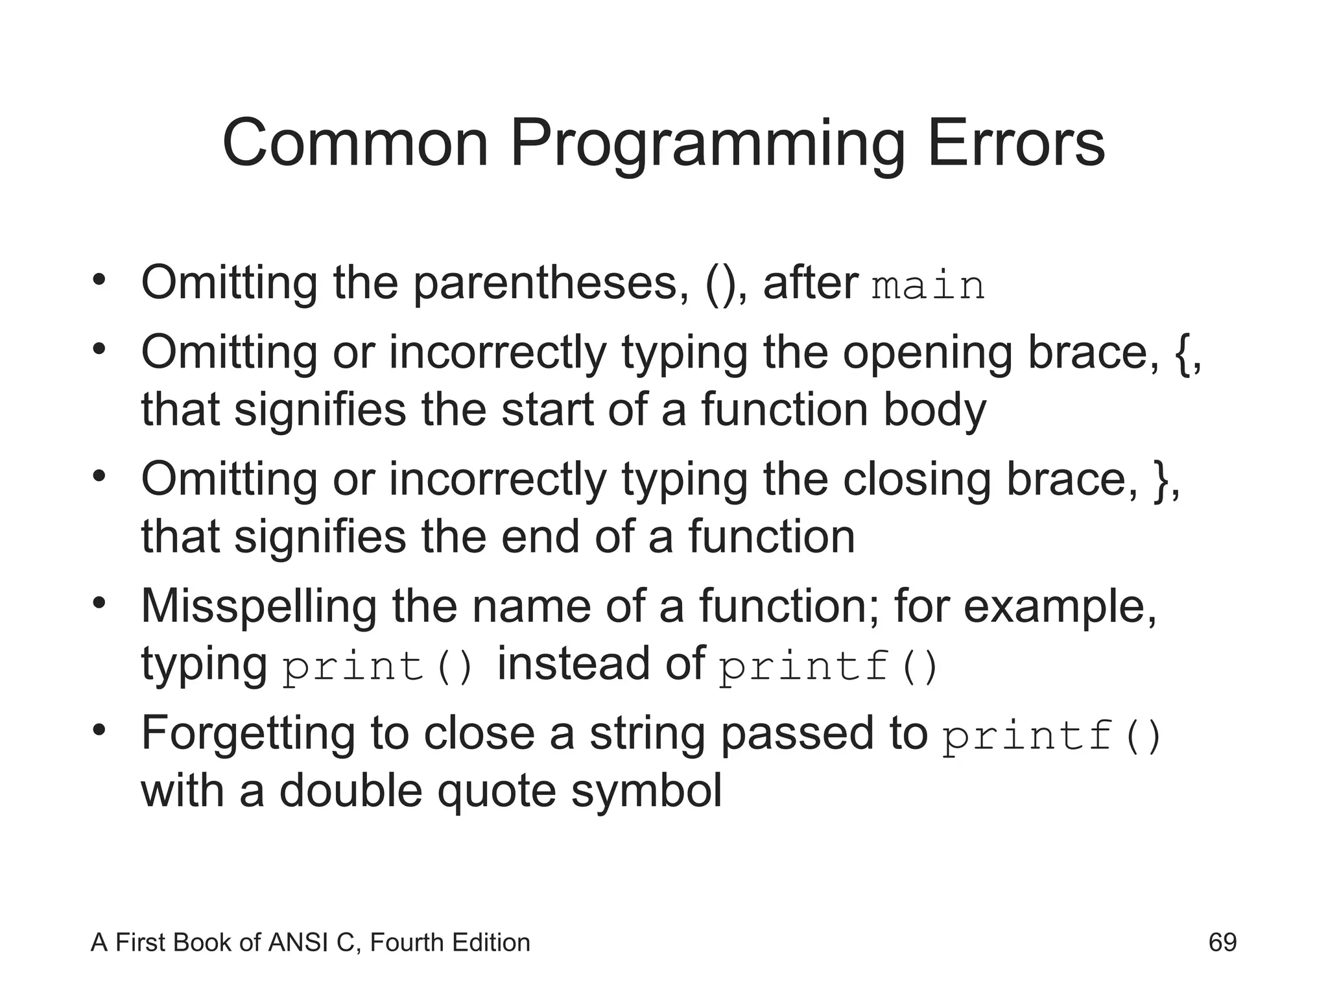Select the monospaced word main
pos(928,286)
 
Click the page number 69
pos(1222,942)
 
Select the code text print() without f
pos(379,667)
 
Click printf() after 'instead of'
pos(829,667)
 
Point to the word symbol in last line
pos(646,792)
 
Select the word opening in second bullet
pos(927,353)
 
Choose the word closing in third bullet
pos(916,480)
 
